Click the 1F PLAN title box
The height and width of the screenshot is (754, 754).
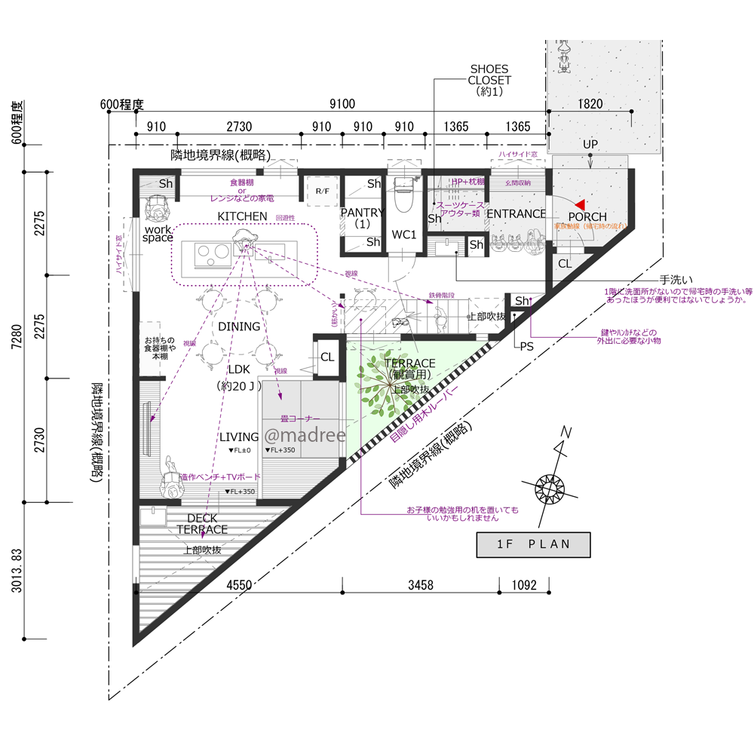[533, 544]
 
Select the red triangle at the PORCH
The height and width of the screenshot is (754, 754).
[578, 204]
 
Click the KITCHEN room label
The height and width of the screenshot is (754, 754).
[242, 216]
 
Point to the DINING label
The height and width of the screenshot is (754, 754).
[239, 326]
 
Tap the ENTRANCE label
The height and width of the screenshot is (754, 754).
[516, 214]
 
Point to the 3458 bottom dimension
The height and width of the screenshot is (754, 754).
[420, 584]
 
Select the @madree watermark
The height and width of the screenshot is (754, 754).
[304, 436]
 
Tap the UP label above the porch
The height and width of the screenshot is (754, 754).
[590, 143]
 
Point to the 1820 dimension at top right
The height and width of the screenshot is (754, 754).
[590, 105]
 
